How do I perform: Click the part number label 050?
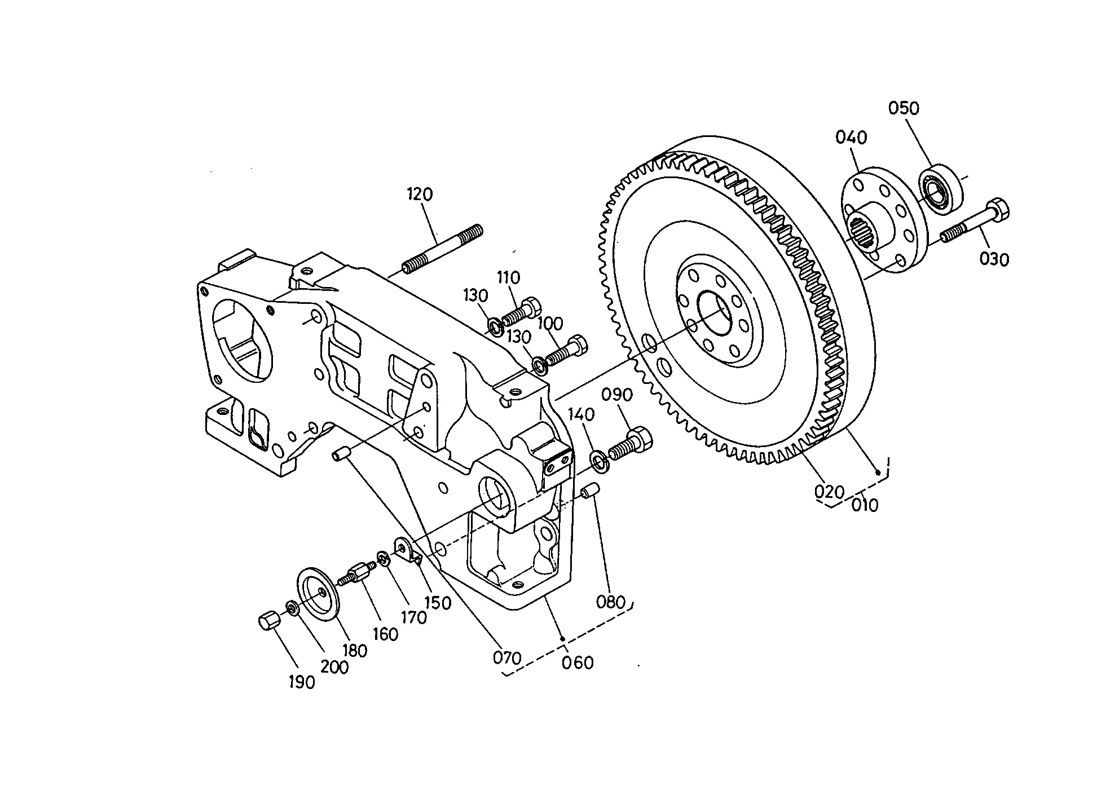[904, 108]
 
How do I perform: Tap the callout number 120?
[420, 195]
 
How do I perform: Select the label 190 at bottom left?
[302, 683]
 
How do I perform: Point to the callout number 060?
[578, 662]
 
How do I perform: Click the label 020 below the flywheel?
[829, 492]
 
